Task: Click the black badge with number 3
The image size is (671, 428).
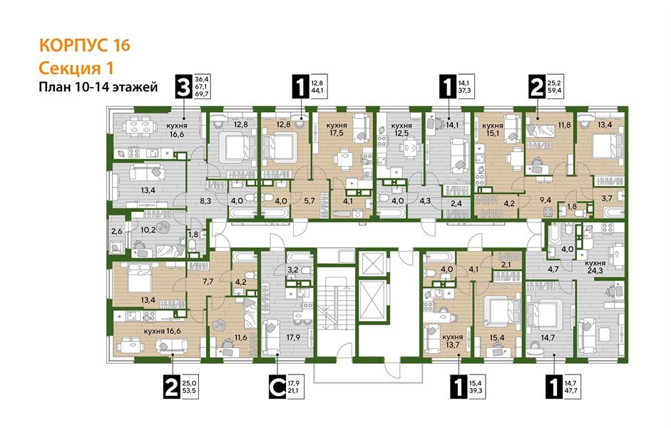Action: (x=184, y=88)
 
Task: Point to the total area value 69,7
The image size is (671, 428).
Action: (x=202, y=95)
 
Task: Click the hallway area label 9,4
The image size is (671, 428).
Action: (x=547, y=200)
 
